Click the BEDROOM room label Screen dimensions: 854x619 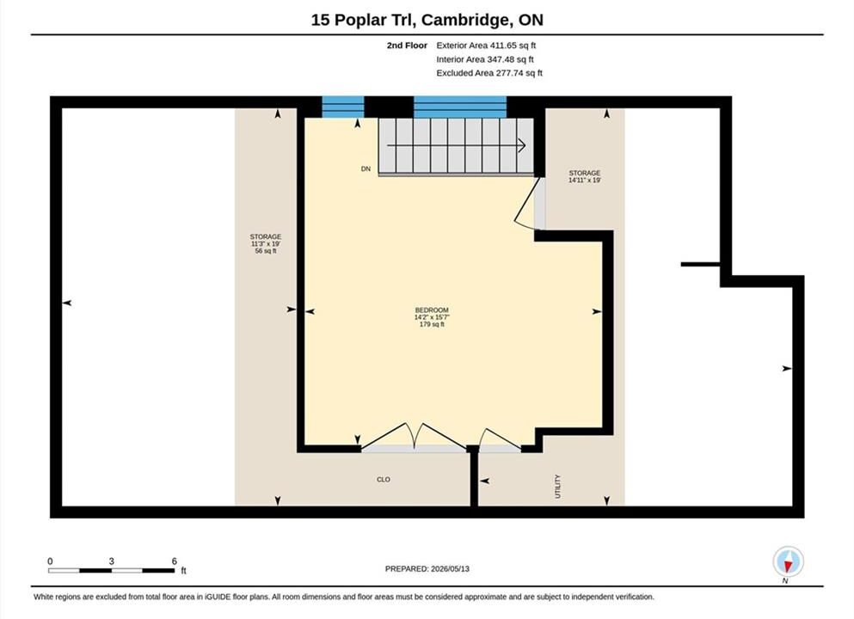(x=432, y=310)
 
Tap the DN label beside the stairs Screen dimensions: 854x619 (x=366, y=169)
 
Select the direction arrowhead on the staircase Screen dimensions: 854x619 (x=521, y=145)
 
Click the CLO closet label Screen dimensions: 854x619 (x=384, y=480)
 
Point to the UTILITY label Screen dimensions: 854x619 (x=557, y=486)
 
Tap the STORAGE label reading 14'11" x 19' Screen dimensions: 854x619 (x=585, y=176)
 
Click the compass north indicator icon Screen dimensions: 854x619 (x=788, y=561)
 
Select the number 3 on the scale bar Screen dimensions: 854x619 (x=111, y=561)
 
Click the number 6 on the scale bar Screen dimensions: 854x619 (x=175, y=561)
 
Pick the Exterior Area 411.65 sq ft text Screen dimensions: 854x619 (x=486, y=46)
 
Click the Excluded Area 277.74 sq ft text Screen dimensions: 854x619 (x=489, y=73)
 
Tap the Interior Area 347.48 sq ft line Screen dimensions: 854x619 (x=485, y=59)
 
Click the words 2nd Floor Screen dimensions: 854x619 (x=407, y=46)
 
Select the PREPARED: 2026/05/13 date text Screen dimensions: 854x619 (x=427, y=569)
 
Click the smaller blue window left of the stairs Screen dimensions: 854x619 (x=343, y=107)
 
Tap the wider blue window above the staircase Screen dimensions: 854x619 (x=460, y=107)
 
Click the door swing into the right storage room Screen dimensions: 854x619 (x=528, y=203)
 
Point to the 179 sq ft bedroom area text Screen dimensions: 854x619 (x=432, y=324)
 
